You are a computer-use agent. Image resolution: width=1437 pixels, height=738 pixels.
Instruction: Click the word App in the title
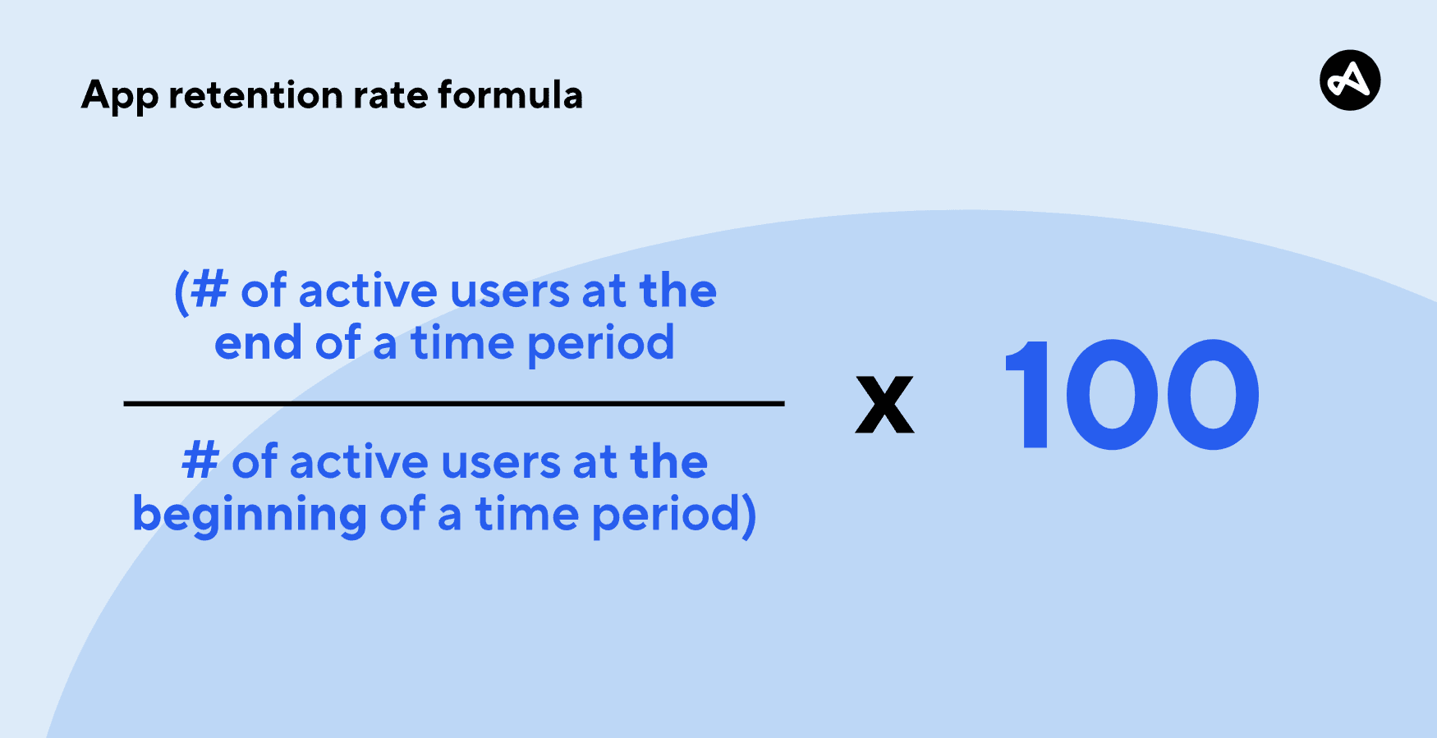(120, 97)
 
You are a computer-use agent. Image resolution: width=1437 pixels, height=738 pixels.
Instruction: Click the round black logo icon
(1350, 80)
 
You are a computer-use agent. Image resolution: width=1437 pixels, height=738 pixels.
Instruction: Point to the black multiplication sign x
(884, 404)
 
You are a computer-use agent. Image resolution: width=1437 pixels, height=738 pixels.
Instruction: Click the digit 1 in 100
(1027, 394)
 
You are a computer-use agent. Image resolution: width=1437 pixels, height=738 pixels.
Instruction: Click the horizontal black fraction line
(454, 404)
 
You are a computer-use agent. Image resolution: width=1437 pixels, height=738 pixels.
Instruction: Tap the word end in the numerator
(258, 342)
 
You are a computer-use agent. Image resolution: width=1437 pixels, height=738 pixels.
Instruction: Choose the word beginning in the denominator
(250, 515)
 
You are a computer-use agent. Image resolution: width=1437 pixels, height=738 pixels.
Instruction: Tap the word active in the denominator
(359, 461)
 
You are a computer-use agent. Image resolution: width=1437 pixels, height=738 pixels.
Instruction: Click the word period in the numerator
(601, 344)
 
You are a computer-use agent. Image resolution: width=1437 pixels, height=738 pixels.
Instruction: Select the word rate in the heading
(391, 96)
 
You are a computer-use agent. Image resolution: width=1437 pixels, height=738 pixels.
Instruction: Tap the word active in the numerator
(368, 291)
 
